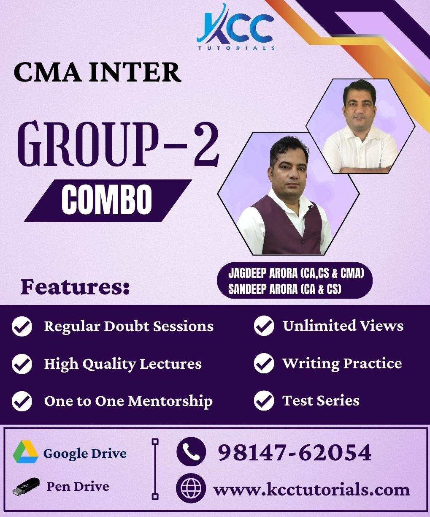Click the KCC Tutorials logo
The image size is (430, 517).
pyautogui.click(x=235, y=28)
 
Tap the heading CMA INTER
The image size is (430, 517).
pyautogui.click(x=97, y=72)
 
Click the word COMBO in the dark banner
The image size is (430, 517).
pyautogui.click(x=107, y=200)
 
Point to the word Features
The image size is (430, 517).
pyautogui.click(x=75, y=287)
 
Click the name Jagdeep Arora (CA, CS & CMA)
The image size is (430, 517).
pyautogui.click(x=295, y=273)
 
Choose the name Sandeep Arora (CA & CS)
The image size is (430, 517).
pyautogui.click(x=284, y=290)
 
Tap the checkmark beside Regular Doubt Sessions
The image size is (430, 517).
pyautogui.click(x=22, y=327)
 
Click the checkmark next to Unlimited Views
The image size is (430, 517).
pyautogui.click(x=264, y=326)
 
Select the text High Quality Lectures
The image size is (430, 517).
pyautogui.click(x=123, y=364)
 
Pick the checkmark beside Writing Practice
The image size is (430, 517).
pyautogui.click(x=264, y=364)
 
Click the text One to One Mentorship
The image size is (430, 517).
pyautogui.click(x=128, y=401)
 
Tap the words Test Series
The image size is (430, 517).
pyautogui.click(x=321, y=400)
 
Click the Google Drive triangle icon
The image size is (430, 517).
pyautogui.click(x=25, y=452)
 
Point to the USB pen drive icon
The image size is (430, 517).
pyautogui.click(x=26, y=487)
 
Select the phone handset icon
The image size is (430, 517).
pyautogui.click(x=191, y=452)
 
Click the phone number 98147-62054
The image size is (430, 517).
pyautogui.click(x=295, y=452)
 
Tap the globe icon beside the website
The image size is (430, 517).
pyautogui.click(x=191, y=489)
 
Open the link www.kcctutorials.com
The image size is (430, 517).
pyautogui.click(x=311, y=490)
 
